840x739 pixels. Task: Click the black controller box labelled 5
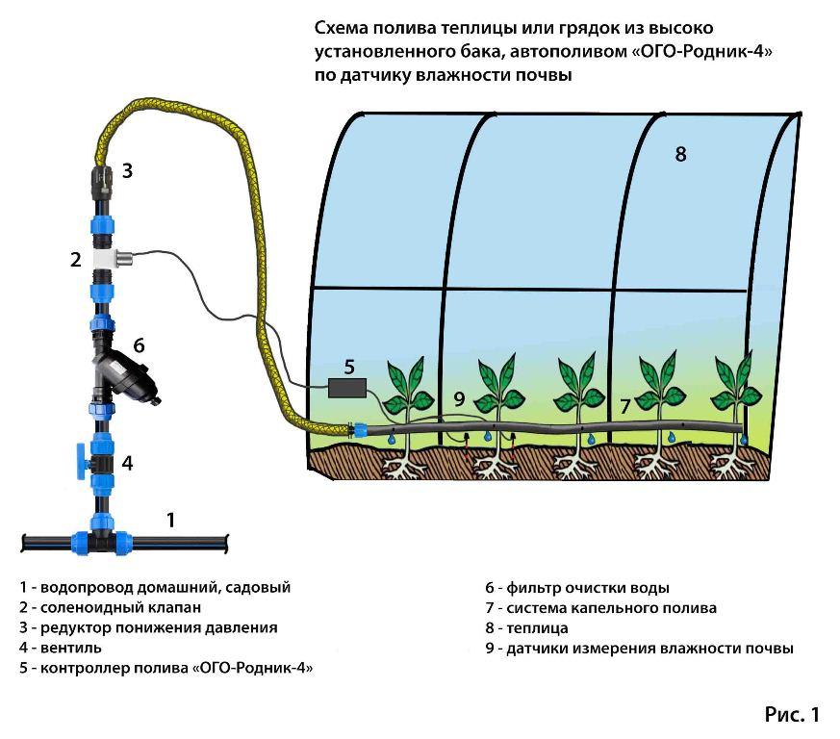(x=346, y=388)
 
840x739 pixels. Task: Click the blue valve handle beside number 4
(x=75, y=461)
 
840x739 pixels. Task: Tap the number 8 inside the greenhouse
(x=680, y=154)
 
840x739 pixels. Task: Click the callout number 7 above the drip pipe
(x=624, y=406)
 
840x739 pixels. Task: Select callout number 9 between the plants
(x=459, y=398)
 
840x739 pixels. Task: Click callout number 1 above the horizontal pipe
(x=170, y=521)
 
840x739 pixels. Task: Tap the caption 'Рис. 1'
(x=792, y=714)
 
